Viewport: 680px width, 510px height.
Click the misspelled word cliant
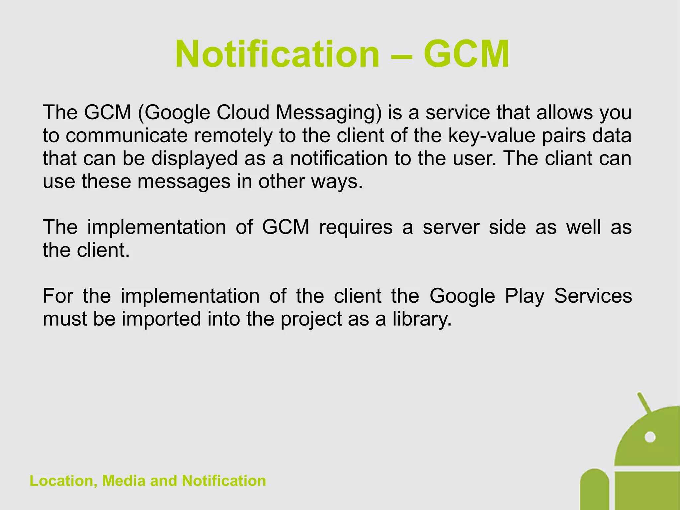coord(569,158)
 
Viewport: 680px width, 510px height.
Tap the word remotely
coord(233,136)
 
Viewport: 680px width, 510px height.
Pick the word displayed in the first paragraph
coord(195,159)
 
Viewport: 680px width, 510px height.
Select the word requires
coord(356,228)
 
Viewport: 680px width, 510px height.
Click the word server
coord(451,228)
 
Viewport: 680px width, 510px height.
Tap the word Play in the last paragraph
coord(525,296)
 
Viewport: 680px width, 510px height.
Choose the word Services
coord(593,296)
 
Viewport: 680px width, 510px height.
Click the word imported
coord(161,319)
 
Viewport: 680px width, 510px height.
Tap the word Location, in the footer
coord(63,481)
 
